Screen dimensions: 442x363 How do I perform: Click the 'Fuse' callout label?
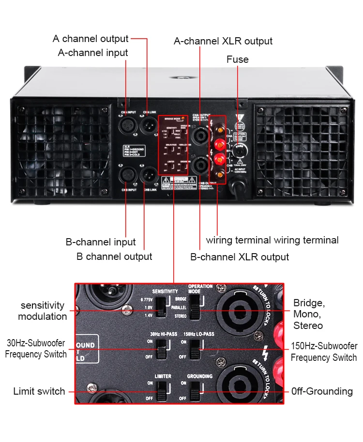pos(237,59)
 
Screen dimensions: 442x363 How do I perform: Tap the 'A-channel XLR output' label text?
pos(223,41)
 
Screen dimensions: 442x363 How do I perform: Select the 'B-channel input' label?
pos(101,242)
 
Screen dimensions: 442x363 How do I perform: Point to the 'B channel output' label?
pos(114,257)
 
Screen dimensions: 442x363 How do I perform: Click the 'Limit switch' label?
pos(39,391)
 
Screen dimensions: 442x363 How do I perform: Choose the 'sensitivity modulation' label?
pos(43,311)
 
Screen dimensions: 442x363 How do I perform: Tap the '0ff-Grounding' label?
pos(322,391)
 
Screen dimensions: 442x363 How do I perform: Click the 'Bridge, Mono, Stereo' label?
pos(309,314)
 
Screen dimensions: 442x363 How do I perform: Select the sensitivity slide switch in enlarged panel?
pos(161,308)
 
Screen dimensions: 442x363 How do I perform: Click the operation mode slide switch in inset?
pos(195,307)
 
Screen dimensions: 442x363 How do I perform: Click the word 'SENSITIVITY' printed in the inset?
pos(165,292)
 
